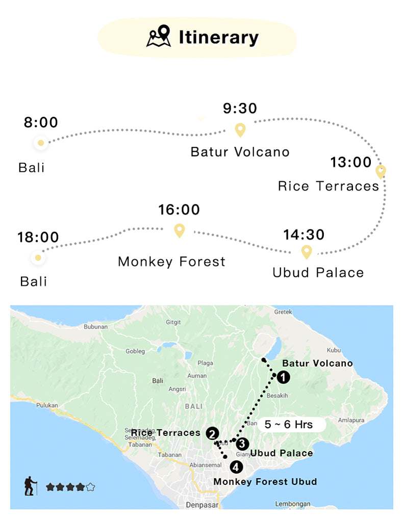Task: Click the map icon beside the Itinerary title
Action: click(x=159, y=37)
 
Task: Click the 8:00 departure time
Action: click(x=41, y=123)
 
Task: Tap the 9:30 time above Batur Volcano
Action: click(x=240, y=109)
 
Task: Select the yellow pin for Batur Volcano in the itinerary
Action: click(x=240, y=130)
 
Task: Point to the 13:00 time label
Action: click(x=351, y=162)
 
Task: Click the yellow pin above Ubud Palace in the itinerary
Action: click(x=306, y=251)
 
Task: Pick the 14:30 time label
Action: click(x=304, y=235)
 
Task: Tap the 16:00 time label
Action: click(x=179, y=210)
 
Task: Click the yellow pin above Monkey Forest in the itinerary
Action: click(x=179, y=230)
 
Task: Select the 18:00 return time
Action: click(x=38, y=237)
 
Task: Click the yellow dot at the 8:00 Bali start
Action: click(x=41, y=142)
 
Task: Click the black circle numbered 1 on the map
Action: click(x=283, y=377)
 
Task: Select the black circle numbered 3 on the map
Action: click(x=242, y=444)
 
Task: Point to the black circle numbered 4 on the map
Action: click(x=236, y=466)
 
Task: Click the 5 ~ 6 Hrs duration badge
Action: click(x=289, y=424)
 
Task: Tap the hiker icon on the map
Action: click(x=31, y=486)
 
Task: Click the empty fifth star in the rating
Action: click(x=90, y=487)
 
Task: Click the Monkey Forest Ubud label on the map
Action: click(x=265, y=481)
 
